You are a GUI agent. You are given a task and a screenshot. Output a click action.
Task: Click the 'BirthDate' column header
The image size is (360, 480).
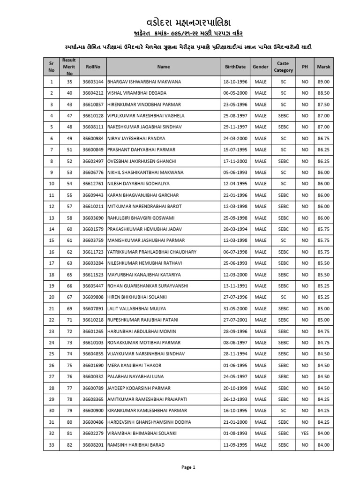pyautogui.click(x=234, y=67)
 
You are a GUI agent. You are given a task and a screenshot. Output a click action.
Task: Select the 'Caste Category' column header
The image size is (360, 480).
pyautogui.click(x=283, y=67)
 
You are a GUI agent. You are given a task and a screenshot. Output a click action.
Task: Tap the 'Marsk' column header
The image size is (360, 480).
pyautogui.click(x=323, y=67)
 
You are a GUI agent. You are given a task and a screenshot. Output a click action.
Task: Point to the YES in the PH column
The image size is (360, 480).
pyautogui.click(x=305, y=434)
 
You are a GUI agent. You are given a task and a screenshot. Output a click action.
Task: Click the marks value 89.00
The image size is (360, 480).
pyautogui.click(x=323, y=82)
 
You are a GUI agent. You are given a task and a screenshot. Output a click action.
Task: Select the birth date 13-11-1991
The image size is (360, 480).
pyautogui.click(x=234, y=286)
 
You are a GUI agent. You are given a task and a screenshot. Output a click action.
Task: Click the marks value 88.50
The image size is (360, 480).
pyautogui.click(x=323, y=93)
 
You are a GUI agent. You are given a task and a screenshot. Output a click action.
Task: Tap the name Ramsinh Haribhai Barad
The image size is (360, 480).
pyautogui.click(x=136, y=445)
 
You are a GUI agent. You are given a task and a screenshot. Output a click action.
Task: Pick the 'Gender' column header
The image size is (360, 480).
pyautogui.click(x=260, y=67)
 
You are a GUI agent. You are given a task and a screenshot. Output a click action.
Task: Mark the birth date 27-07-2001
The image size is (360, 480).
pyautogui.click(x=234, y=320)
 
